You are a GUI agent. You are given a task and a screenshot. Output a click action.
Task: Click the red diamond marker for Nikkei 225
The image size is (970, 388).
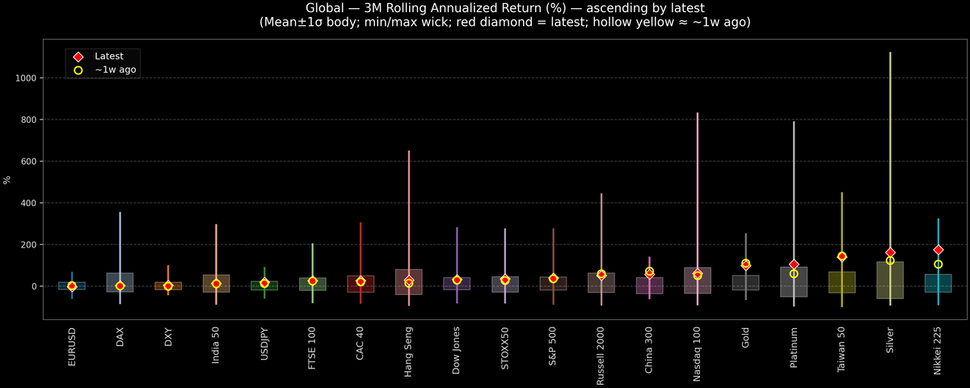[x=938, y=250]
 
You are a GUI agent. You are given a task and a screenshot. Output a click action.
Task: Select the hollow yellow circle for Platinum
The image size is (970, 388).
[x=794, y=274]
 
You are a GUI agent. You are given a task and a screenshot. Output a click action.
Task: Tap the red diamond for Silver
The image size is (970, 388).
[x=890, y=253]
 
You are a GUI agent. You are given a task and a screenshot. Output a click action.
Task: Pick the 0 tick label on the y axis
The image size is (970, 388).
[x=36, y=286]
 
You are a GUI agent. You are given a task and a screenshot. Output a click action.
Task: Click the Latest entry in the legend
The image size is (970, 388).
[x=109, y=57]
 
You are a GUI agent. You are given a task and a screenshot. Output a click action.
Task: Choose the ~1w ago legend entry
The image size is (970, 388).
[x=116, y=70]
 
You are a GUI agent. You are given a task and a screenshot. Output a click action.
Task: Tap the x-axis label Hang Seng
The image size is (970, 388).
[x=409, y=351]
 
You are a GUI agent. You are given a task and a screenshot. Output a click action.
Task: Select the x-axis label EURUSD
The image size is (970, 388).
[x=72, y=347]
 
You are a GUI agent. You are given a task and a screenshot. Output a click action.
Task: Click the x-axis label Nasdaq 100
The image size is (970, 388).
[x=698, y=354]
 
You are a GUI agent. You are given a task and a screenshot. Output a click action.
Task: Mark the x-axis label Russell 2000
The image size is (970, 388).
[x=601, y=356]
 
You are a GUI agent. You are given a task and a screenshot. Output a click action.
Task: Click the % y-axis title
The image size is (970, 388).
[x=8, y=179]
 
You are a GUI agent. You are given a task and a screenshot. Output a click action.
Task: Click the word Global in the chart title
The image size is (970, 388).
[x=325, y=8]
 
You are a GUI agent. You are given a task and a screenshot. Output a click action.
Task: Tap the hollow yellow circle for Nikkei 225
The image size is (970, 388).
[x=938, y=264]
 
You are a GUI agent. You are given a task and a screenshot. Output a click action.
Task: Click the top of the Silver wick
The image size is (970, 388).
[x=890, y=53]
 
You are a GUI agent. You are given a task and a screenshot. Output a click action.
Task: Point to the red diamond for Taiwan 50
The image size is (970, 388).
[x=841, y=256]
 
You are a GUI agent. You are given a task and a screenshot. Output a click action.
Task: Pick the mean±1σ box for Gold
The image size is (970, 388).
[x=745, y=282]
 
